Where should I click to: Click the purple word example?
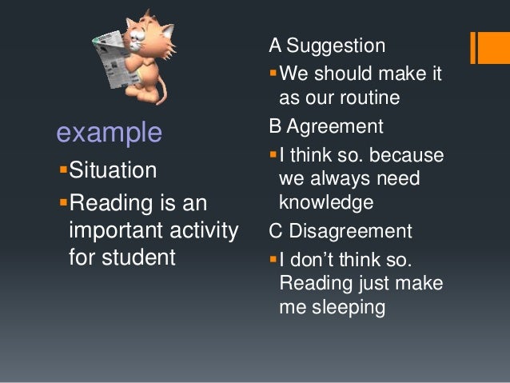tap(110, 133)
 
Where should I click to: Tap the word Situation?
tap(113, 170)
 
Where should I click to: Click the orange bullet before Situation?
tap(63, 170)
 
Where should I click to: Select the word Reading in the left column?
tap(111, 204)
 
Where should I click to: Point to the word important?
tap(117, 231)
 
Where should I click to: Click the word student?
tap(138, 257)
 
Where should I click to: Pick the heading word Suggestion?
tap(336, 46)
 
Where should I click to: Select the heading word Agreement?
tap(335, 127)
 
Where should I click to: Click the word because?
tap(407, 154)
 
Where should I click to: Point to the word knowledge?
tap(326, 203)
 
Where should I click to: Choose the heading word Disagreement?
tap(351, 231)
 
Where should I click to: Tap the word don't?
tap(311, 260)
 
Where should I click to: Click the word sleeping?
tap(349, 308)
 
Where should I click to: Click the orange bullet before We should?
tap(273, 72)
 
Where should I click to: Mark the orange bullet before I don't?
tap(273, 259)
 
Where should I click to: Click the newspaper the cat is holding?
tap(114, 59)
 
